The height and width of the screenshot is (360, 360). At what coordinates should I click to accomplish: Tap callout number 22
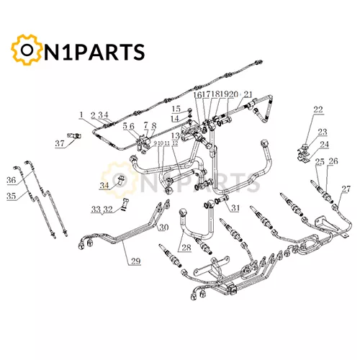318,109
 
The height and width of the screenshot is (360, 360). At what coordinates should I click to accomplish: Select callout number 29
135,261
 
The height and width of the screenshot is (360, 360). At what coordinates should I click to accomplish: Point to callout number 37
60,143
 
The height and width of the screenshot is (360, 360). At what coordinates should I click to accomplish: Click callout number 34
104,185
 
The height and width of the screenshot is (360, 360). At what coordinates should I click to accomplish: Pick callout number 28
186,247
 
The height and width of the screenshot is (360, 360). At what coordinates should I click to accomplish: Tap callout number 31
235,207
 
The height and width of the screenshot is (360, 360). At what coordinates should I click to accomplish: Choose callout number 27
346,189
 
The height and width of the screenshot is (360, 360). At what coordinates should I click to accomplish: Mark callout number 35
11,196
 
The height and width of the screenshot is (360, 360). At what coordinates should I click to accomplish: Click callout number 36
11,180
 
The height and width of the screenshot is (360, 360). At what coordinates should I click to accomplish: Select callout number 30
163,227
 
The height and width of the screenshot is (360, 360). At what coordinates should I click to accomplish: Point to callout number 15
176,109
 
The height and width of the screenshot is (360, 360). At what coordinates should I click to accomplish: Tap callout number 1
81,114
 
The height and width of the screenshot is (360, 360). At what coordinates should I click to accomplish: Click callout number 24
324,145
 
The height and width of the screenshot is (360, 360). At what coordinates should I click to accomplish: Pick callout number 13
176,136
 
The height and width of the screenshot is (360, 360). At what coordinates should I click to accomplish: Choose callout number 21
248,94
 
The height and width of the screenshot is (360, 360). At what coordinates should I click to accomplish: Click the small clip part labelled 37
74,135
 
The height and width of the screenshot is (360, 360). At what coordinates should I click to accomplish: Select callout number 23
323,132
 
